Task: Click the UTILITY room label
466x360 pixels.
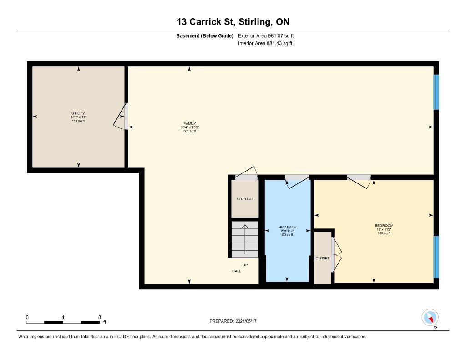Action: (x=78, y=113)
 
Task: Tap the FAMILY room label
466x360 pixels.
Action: (x=190, y=123)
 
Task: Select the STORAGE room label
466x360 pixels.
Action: (x=245, y=199)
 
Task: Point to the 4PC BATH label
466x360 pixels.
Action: (x=288, y=227)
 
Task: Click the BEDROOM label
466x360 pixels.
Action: (x=384, y=226)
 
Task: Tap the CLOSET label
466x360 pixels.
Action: (x=323, y=258)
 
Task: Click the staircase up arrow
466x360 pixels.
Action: (x=245, y=239)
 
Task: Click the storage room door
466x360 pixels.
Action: (x=246, y=173)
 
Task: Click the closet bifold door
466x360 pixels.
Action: (x=337, y=255)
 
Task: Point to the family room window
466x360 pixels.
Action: (x=436, y=92)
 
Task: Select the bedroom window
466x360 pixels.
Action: (x=436, y=257)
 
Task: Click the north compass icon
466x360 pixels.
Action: (x=430, y=318)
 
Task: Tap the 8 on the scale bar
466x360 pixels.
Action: (x=100, y=317)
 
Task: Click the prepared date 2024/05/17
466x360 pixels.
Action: (x=246, y=321)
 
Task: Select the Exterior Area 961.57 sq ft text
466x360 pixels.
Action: (x=266, y=35)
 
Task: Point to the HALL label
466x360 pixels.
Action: (x=237, y=271)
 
